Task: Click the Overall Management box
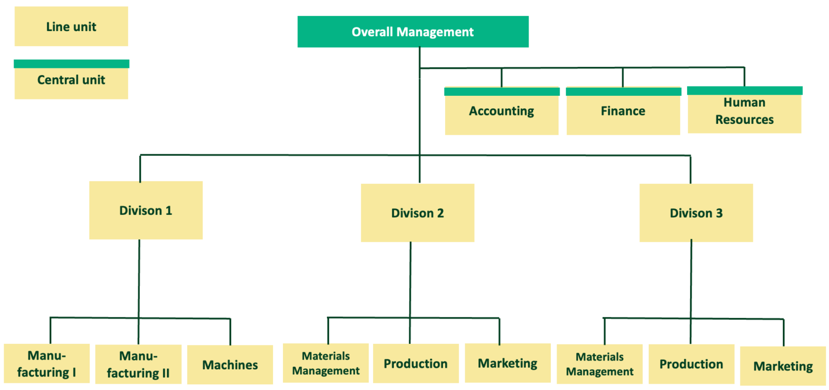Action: point(413,32)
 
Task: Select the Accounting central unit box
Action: point(502,111)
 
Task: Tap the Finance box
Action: point(623,111)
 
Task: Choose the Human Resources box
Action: point(745,111)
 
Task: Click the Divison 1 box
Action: point(146,210)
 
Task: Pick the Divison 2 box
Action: point(418,213)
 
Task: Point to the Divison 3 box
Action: point(696,213)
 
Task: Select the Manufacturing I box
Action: point(47,364)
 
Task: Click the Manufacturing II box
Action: point(138,365)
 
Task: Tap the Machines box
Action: point(230,365)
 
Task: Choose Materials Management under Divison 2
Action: point(326,364)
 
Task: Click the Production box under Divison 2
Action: point(416,364)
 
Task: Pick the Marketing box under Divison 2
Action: point(508,363)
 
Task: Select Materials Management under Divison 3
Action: point(599,364)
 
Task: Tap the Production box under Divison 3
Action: point(691,364)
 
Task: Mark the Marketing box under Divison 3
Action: point(783,366)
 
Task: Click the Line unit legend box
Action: point(71,26)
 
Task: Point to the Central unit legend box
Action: point(71,80)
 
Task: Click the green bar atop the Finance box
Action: point(623,92)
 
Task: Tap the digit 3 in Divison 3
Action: point(719,213)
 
